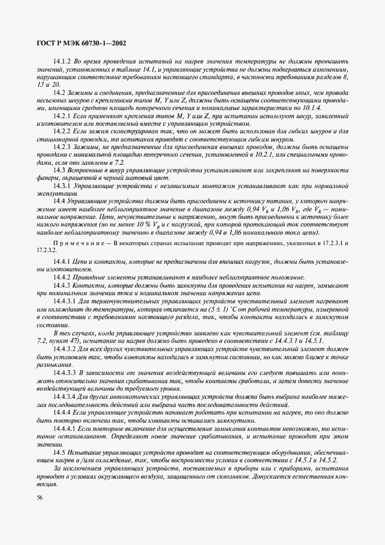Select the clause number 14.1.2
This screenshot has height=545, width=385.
[x=62, y=61]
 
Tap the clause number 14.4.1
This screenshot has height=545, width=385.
[x=62, y=257]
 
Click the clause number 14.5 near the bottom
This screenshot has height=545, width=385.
[x=59, y=452]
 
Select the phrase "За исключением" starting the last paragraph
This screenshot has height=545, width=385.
[x=72, y=468]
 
